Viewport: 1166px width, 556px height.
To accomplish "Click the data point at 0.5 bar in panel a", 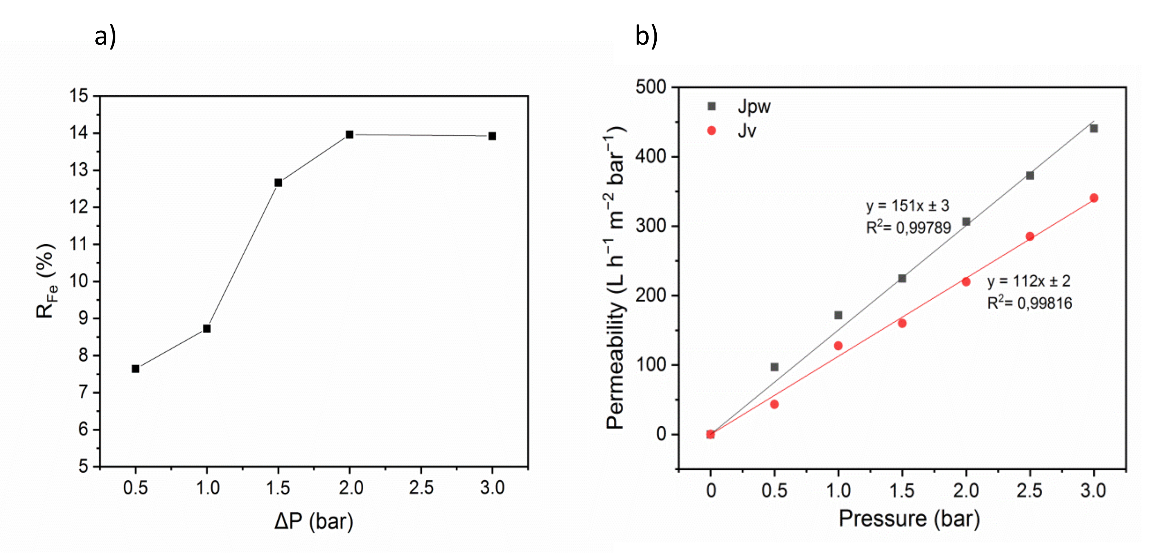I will click(135, 369).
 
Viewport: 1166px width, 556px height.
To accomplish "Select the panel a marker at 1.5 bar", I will click(278, 182).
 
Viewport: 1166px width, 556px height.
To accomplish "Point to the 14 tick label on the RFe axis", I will click(79, 133).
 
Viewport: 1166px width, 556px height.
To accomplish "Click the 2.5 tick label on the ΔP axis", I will click(421, 488).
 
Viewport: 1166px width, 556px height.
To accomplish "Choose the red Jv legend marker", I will click(712, 131).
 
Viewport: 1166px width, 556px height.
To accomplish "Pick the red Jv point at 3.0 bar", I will click(1094, 198).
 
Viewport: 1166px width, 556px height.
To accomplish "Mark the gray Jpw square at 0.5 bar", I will click(774, 367).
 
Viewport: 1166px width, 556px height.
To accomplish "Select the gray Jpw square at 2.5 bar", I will click(1030, 175).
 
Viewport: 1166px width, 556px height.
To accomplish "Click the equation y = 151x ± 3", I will click(907, 206).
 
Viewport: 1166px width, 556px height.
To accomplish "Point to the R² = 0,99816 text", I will click(1029, 303).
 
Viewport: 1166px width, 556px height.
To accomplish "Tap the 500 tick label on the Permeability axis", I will click(651, 87).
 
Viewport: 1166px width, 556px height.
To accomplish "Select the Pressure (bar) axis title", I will click(909, 519).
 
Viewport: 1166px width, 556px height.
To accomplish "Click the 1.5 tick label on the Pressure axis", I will click(902, 491).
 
